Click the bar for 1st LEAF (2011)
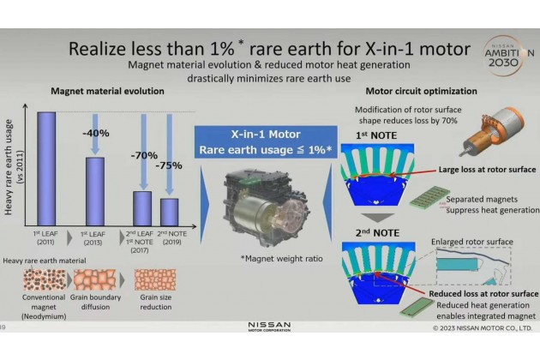(x=46, y=169)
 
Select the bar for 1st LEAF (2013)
(x=95, y=191)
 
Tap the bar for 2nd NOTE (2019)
(x=170, y=213)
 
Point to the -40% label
(x=96, y=133)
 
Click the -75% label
(x=169, y=165)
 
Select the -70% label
(x=144, y=155)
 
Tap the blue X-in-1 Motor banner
(x=266, y=142)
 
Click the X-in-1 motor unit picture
(x=267, y=207)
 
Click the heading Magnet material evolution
(x=107, y=92)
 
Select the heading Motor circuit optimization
(x=421, y=92)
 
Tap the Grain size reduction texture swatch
(x=155, y=279)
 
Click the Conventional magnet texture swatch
(x=45, y=279)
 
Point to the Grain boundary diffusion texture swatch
(x=94, y=279)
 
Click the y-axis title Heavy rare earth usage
(x=9, y=167)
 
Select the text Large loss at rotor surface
(x=487, y=170)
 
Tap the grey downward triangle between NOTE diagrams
(x=378, y=218)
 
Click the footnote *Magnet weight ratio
(x=282, y=259)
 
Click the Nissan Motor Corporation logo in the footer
(x=269, y=327)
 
